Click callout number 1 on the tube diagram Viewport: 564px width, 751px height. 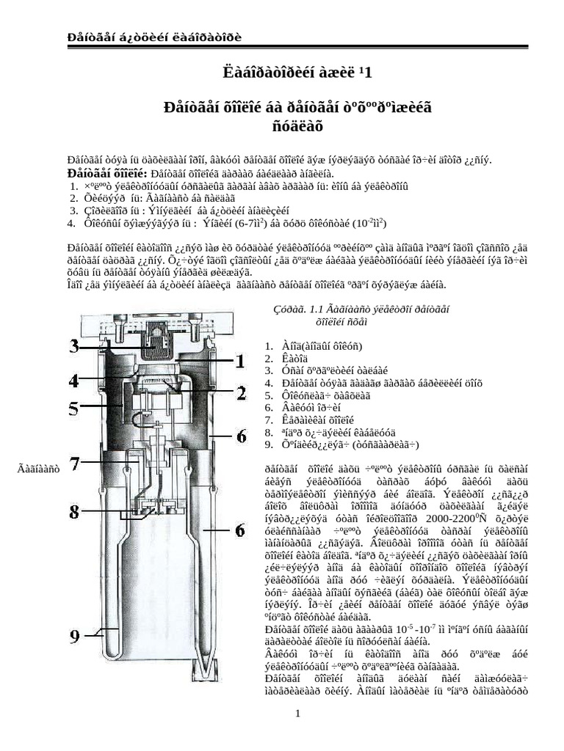(239, 360)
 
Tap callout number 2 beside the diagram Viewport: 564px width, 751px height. (241, 393)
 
